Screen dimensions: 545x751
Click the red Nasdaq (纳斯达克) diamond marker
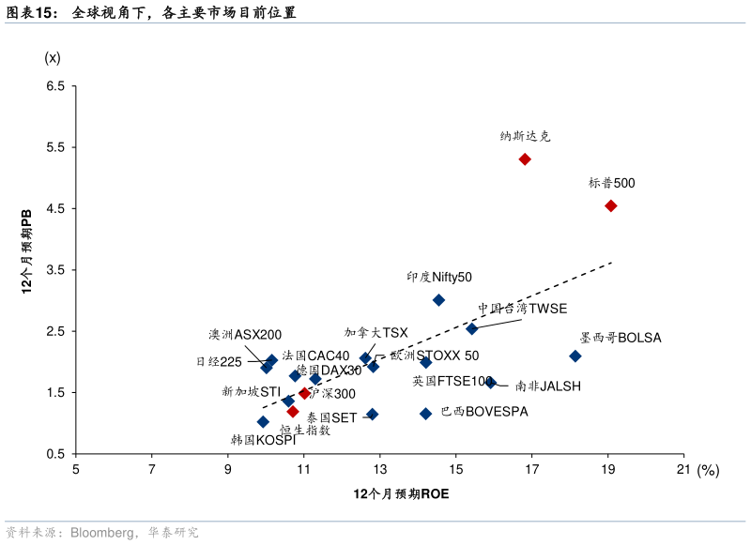pos(525,159)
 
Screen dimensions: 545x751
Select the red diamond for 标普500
pos(611,205)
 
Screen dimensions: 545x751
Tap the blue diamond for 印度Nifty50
pos(438,300)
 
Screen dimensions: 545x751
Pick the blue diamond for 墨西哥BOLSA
pos(575,356)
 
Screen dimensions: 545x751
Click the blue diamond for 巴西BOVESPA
pos(425,414)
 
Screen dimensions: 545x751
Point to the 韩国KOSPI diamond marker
pos(263,422)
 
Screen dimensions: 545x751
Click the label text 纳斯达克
pos(526,136)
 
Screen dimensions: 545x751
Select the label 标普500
pos(612,183)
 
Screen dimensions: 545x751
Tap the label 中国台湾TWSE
pos(522,308)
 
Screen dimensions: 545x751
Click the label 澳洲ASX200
pos(245,335)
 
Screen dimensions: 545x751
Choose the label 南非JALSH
pos(548,386)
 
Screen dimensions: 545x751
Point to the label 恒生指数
pos(305,431)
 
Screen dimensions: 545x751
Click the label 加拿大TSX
pos(375,332)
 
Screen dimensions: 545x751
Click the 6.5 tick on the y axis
pos(55,86)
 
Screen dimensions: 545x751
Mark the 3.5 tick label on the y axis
pos(55,270)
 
